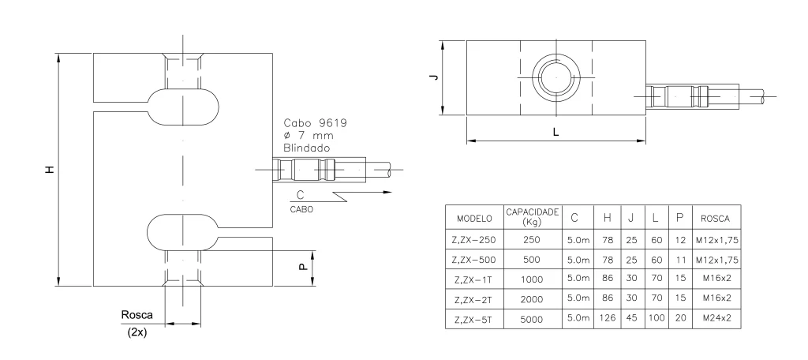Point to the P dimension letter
[x=304, y=267]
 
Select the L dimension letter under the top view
[x=555, y=132]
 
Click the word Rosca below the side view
[x=137, y=315]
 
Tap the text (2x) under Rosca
[x=137, y=332]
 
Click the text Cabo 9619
[x=316, y=122]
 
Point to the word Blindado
[x=307, y=148]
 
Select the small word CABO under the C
[x=301, y=210]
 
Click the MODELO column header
[x=474, y=218]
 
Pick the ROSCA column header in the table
[x=715, y=219]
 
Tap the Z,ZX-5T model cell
[x=473, y=319]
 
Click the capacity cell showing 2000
[x=531, y=299]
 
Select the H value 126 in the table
[x=608, y=317]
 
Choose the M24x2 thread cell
[x=716, y=318]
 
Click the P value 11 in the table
[x=681, y=260]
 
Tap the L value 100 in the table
[x=656, y=317]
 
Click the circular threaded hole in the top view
[x=556, y=77]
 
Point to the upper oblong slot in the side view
[x=182, y=107]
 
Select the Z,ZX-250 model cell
[x=474, y=240]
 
